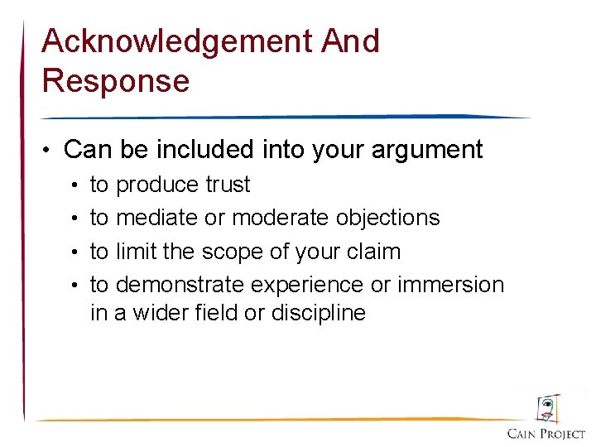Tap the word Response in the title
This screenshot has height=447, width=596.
pos(115,81)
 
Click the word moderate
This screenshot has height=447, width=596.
pos(281,218)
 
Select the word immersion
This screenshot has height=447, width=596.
pos(450,285)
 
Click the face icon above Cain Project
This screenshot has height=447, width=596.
pos(547,408)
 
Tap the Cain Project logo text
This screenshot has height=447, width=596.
pos(546,433)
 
